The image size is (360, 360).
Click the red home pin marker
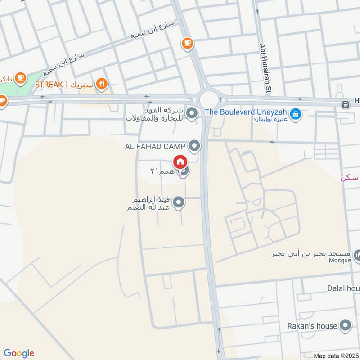click(180, 162)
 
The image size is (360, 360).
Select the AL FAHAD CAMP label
click(156, 146)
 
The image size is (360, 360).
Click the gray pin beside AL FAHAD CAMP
click(194, 145)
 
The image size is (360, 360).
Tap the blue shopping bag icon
click(295, 114)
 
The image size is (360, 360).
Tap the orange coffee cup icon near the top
click(187, 43)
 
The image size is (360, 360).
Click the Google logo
click(19, 353)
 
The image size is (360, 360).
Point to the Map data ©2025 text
click(336, 356)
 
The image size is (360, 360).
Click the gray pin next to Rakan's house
click(345, 325)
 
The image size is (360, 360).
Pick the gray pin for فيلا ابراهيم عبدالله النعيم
click(179, 203)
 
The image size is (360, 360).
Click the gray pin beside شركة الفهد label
click(192, 113)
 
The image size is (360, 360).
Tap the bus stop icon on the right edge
click(346, 104)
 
